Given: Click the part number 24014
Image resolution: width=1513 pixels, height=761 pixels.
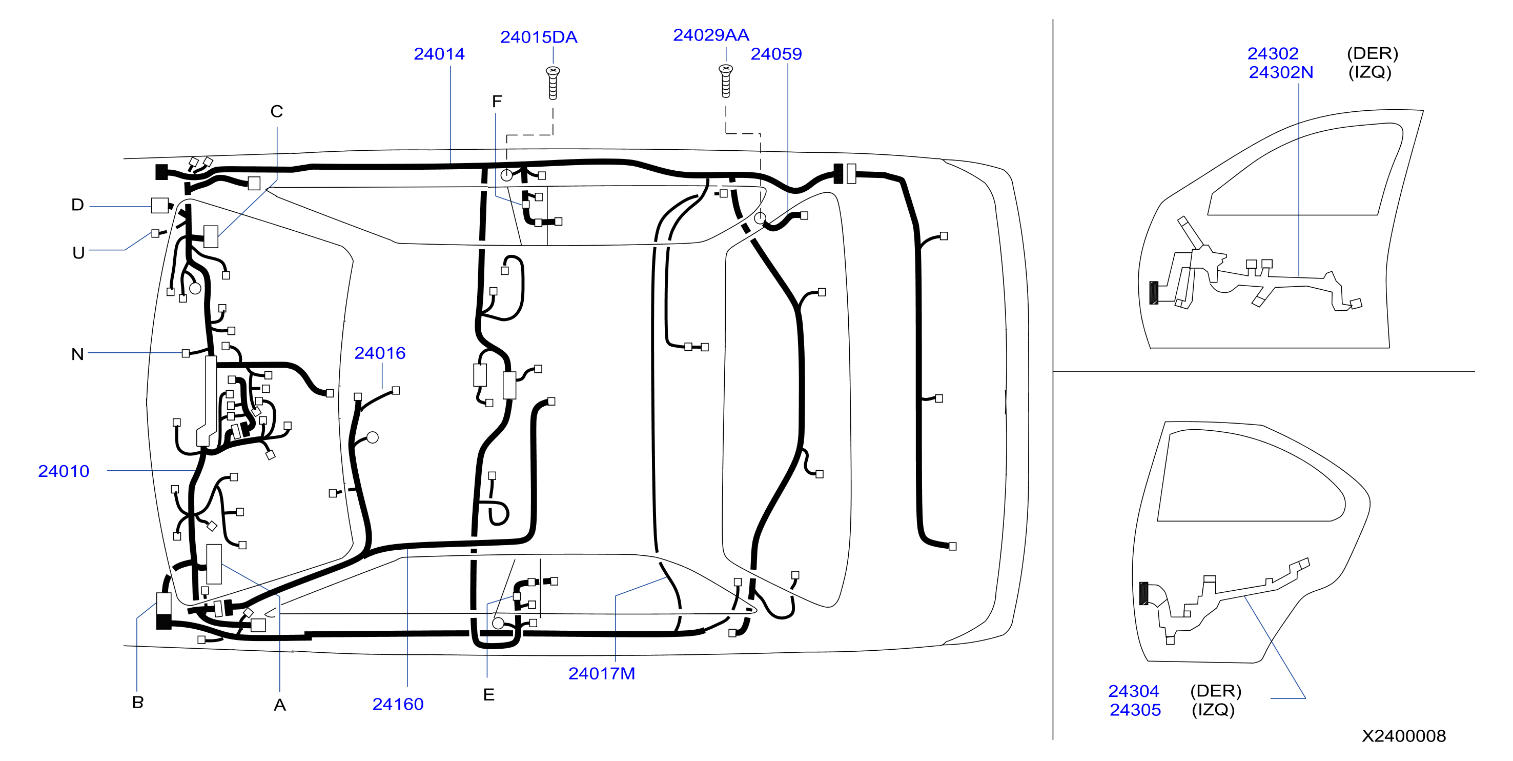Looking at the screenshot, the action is click(439, 54).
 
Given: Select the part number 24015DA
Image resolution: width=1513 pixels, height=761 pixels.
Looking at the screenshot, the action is click(539, 37).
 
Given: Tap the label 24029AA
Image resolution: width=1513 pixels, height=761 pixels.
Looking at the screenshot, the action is click(711, 35).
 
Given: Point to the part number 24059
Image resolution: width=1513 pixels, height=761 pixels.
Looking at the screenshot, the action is click(776, 54).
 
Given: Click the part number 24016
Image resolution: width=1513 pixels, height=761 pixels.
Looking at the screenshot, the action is click(379, 353).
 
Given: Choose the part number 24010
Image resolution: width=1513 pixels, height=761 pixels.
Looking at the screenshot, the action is click(64, 471).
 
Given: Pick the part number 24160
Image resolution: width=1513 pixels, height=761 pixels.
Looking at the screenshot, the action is click(398, 704).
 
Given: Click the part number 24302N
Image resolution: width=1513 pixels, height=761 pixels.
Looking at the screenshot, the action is click(1280, 72).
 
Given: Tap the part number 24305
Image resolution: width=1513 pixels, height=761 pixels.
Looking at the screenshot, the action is click(1135, 710).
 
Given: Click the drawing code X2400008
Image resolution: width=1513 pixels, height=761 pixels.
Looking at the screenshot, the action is click(1403, 736).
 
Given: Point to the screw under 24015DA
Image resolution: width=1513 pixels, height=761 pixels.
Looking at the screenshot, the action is click(553, 83).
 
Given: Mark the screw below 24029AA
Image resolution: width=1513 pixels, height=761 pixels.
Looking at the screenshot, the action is click(726, 81).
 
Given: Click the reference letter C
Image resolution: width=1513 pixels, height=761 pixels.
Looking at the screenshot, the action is click(277, 112).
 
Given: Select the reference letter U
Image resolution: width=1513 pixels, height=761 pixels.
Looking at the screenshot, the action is click(78, 253).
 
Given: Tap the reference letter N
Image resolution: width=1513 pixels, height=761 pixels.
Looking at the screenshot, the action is click(77, 354).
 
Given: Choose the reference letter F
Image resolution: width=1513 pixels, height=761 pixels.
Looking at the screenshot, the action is click(497, 102).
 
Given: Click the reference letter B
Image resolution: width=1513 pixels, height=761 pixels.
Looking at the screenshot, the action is click(138, 702).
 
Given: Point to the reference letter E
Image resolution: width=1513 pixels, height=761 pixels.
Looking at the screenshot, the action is click(488, 695).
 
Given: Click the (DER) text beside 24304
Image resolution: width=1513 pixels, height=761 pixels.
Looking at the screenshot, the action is click(1215, 691).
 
